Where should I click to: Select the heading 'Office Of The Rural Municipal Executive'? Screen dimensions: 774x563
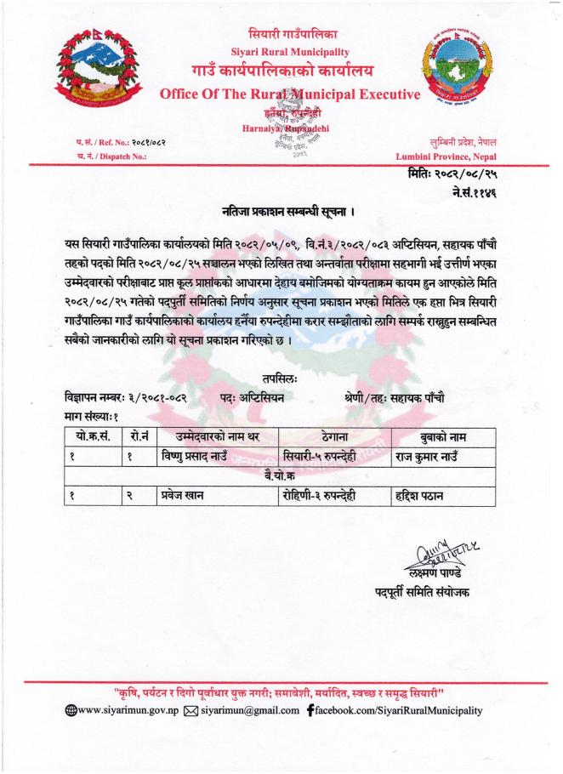tap(289, 94)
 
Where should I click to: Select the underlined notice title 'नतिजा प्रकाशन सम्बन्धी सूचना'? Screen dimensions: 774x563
tap(281, 209)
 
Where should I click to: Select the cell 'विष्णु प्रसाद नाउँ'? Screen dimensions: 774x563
tap(196, 455)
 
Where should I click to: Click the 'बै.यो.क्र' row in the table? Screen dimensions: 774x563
tap(281, 474)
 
